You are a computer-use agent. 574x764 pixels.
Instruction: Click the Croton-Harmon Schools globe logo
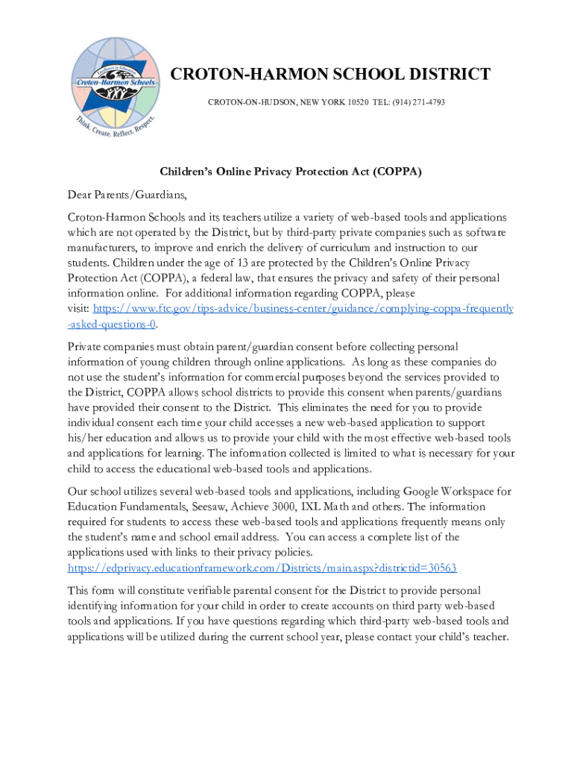tap(113, 82)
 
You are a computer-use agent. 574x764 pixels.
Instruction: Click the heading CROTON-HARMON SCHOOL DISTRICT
tap(331, 75)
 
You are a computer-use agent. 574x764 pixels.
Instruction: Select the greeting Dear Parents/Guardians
tap(127, 195)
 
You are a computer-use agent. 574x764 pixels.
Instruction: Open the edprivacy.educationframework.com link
tap(262, 567)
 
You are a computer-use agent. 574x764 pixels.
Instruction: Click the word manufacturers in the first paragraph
tap(101, 248)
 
